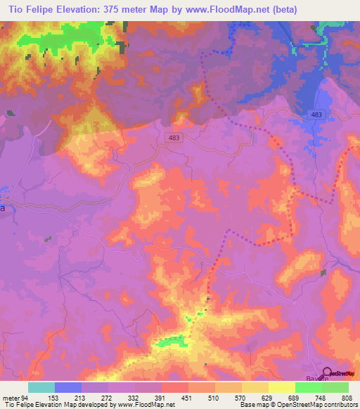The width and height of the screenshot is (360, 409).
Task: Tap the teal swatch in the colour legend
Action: pos(41,387)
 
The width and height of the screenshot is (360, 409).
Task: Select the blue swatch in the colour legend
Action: pos(68,387)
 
